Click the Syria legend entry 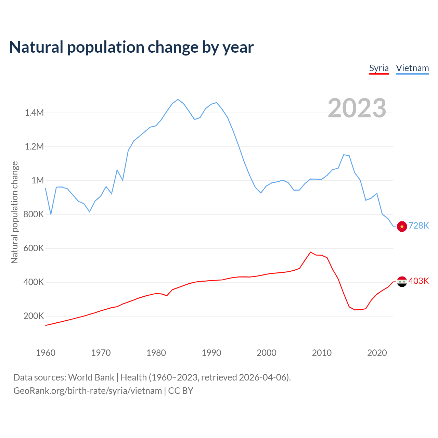379,68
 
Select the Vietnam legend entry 412,68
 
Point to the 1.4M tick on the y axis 34,113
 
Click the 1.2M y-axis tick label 34,146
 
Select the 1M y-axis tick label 38,180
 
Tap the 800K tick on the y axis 34,215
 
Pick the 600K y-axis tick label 34,248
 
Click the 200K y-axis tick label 34,316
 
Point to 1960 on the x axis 46,353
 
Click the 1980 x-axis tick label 156,353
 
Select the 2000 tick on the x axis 267,353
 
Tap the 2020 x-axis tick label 377,353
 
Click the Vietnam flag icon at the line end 402,226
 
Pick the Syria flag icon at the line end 402,281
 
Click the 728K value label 418,226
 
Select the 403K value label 418,281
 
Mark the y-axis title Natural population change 14,212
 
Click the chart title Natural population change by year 131,47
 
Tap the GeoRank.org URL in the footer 88,390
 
